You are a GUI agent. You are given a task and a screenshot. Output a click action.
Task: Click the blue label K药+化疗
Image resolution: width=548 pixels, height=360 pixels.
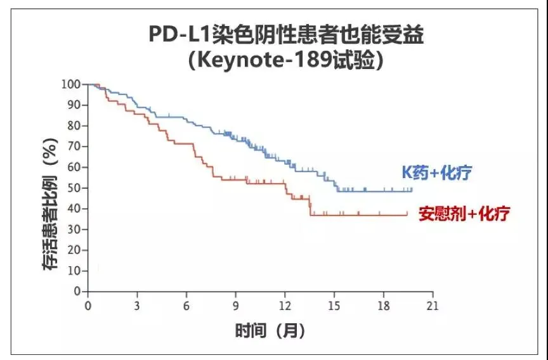(438, 173)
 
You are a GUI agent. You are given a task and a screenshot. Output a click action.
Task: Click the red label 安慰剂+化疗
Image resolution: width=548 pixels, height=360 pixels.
(464, 214)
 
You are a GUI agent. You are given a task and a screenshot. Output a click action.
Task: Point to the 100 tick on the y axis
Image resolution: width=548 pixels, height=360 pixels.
(70, 84)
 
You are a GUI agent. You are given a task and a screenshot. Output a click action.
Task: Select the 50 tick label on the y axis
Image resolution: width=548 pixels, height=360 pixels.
(74, 188)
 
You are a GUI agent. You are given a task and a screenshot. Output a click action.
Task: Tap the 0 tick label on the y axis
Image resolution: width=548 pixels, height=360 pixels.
(77, 292)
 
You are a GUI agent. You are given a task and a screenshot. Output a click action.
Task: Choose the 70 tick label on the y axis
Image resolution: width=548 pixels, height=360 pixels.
(74, 146)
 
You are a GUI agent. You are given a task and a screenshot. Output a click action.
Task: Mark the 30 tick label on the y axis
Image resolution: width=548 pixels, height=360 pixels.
(74, 229)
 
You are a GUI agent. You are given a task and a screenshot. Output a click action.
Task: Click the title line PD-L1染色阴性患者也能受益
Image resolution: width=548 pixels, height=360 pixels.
(286, 34)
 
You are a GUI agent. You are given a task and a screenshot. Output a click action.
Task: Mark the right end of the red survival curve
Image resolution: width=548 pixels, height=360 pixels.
(407, 215)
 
